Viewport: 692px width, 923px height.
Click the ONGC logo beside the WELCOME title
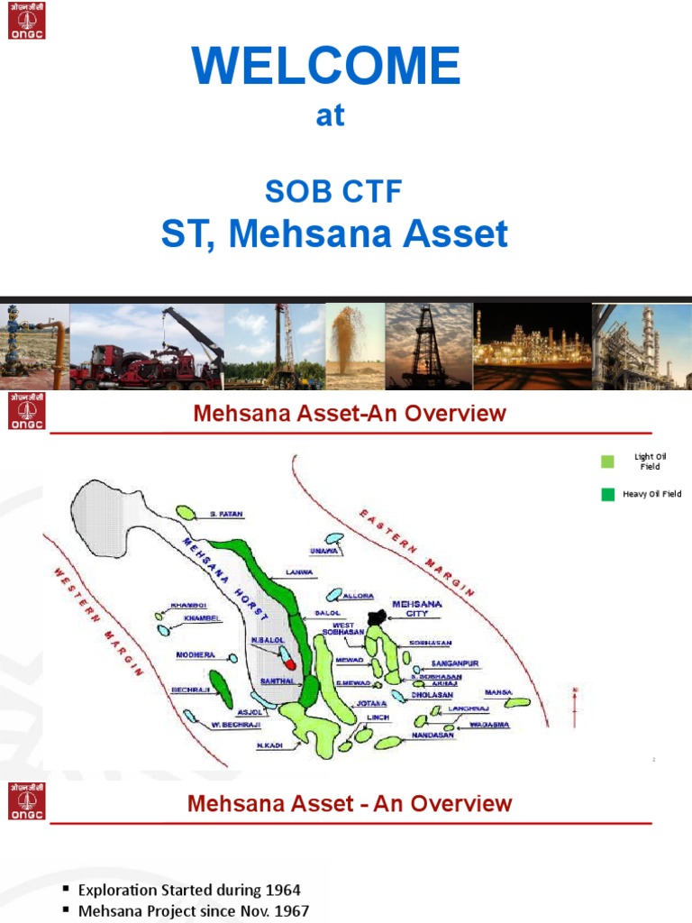pyautogui.click(x=26, y=20)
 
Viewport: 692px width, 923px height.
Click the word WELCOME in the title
pyautogui.click(x=326, y=67)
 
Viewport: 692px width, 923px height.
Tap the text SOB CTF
pyautogui.click(x=332, y=190)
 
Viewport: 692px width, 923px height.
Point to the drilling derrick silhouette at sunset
pyautogui.click(x=428, y=347)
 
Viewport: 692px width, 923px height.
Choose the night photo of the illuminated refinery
pyautogui.click(x=532, y=347)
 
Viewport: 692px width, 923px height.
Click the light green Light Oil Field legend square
pyautogui.click(x=607, y=461)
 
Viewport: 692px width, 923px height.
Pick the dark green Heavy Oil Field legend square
pyautogui.click(x=607, y=494)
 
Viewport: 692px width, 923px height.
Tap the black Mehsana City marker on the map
pyautogui.click(x=378, y=616)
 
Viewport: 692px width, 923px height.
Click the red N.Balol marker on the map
pyautogui.click(x=290, y=663)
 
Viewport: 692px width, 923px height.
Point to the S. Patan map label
pyautogui.click(x=226, y=514)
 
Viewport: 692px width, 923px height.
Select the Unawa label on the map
pyautogui.click(x=323, y=552)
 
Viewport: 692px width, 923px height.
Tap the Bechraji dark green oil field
pyautogui.click(x=221, y=689)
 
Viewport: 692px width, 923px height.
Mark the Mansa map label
pyautogui.click(x=497, y=692)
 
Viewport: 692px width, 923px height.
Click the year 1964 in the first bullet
pyautogui.click(x=283, y=891)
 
